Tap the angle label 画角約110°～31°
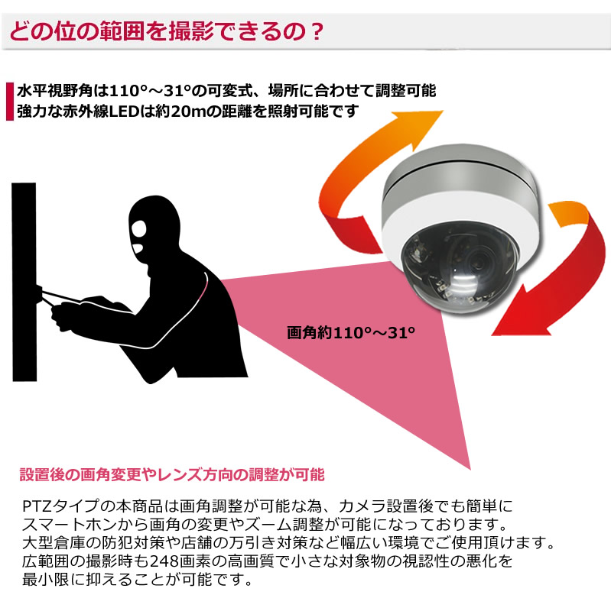pyautogui.click(x=351, y=333)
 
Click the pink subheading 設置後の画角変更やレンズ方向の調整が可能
pyautogui.click(x=171, y=475)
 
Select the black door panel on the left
pyautogui.click(x=24, y=283)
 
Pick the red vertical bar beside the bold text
pyautogui.click(x=8, y=101)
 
